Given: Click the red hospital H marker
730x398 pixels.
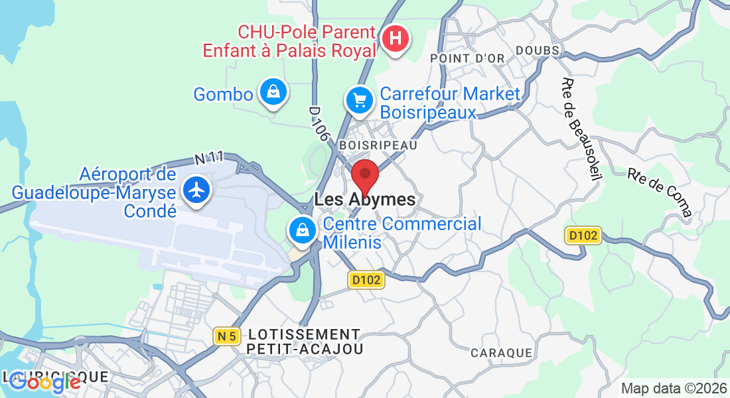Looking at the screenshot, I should [396, 38].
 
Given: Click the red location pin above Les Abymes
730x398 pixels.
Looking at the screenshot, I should [364, 176].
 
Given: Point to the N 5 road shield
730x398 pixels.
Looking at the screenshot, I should [227, 336].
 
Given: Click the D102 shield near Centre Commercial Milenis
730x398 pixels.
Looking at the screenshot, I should [366, 280].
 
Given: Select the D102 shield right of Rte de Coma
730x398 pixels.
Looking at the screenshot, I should [583, 235].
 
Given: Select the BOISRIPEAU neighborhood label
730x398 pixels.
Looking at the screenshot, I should [378, 145].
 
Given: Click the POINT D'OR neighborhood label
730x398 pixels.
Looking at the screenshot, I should [467, 58].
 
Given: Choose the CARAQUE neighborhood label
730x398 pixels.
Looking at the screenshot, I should [501, 353].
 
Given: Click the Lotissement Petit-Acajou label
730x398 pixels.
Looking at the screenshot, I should [303, 342].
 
